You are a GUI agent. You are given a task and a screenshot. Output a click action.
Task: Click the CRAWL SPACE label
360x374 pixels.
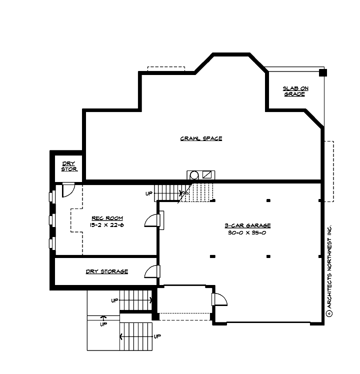(201, 138)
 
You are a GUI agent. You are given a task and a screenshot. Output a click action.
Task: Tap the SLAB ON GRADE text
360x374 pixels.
(295, 91)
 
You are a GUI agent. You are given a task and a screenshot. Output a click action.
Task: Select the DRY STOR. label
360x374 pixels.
(69, 166)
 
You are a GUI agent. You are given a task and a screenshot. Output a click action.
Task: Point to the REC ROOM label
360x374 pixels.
(107, 218)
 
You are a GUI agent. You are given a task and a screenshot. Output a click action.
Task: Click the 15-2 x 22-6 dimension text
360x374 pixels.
(107, 225)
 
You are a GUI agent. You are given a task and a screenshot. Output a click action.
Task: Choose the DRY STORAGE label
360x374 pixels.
(106, 271)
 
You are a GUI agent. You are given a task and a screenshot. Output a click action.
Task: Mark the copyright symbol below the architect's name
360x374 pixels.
(328, 313)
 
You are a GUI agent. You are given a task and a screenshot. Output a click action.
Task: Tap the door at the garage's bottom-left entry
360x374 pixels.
(219, 298)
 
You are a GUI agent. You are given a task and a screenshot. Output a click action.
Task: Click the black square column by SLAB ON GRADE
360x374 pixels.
(322, 72)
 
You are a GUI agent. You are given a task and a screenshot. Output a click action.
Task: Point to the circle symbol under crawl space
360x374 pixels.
(193, 175)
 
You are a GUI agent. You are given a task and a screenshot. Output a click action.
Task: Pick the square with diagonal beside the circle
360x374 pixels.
(207, 174)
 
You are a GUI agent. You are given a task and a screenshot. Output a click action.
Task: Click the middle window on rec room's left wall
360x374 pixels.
(51, 220)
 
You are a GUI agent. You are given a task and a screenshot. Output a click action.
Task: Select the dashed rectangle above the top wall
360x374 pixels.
(166, 69)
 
